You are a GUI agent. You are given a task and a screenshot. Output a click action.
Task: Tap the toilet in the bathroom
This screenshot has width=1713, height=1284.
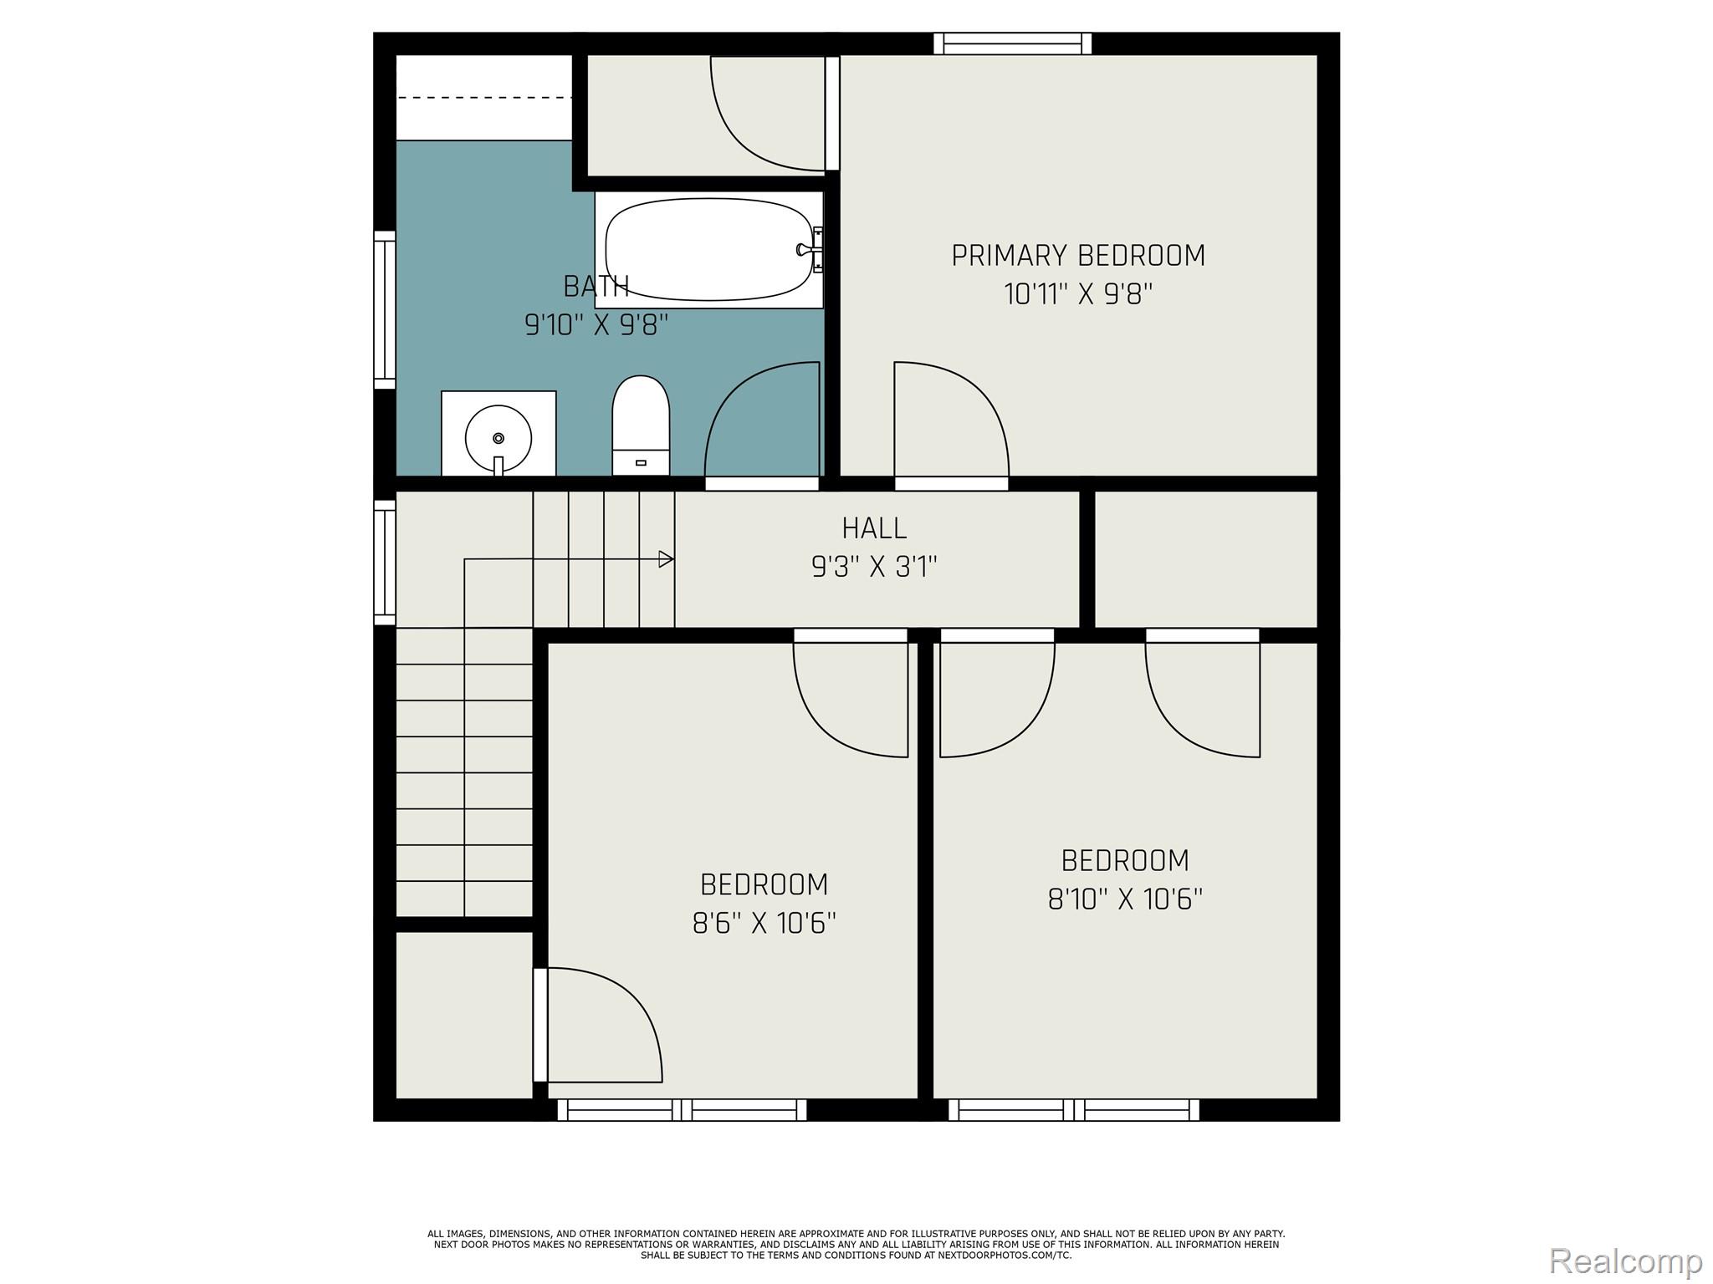(x=641, y=426)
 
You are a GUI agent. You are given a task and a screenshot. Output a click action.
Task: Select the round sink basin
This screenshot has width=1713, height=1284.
(x=499, y=439)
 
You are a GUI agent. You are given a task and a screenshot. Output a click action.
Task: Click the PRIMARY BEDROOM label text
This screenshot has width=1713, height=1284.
(x=1078, y=256)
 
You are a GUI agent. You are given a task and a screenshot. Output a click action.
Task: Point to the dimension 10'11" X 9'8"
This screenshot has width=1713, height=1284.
(x=1078, y=295)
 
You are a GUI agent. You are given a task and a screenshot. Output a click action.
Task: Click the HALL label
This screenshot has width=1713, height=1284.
(x=874, y=528)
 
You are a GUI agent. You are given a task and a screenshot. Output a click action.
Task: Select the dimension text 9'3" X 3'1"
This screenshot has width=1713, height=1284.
(x=874, y=568)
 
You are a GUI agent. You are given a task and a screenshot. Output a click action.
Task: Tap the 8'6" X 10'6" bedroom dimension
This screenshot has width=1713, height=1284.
(x=764, y=924)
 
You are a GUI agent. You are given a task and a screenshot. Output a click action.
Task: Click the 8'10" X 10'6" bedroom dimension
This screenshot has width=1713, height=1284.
(x=1125, y=899)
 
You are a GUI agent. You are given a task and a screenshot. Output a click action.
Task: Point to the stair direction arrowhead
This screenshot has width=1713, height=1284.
(x=667, y=559)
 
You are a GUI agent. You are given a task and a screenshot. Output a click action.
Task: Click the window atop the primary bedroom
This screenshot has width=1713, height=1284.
(x=1013, y=43)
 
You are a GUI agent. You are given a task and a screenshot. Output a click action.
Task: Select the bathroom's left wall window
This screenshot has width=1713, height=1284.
(x=384, y=309)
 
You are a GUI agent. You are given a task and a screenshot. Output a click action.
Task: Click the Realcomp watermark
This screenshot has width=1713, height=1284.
(x=1625, y=1261)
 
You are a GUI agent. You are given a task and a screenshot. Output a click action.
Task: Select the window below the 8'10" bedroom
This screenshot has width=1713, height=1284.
(x=1073, y=1110)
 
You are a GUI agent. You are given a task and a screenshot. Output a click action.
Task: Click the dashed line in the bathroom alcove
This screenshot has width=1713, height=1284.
(x=483, y=98)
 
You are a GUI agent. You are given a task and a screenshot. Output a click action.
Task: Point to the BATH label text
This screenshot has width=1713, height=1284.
(x=596, y=287)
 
